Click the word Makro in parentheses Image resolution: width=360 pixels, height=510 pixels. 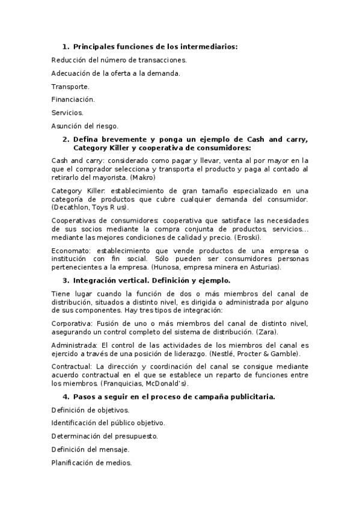pyautogui.click(x=143, y=177)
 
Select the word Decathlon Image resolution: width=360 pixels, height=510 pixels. pyautogui.click(x=73, y=207)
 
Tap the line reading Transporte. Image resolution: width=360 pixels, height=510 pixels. pyautogui.click(x=70, y=87)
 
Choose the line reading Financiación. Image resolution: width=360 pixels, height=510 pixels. pyautogui.click(x=73, y=99)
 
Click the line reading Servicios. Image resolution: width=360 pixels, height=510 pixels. pyautogui.click(x=67, y=112)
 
